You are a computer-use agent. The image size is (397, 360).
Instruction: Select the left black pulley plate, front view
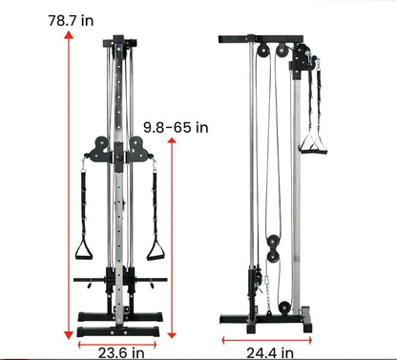click(97, 149)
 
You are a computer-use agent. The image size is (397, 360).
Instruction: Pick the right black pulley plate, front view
click(139, 149)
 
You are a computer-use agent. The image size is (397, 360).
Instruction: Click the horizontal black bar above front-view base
click(120, 281)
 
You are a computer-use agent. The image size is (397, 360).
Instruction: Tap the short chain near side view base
click(269, 286)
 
